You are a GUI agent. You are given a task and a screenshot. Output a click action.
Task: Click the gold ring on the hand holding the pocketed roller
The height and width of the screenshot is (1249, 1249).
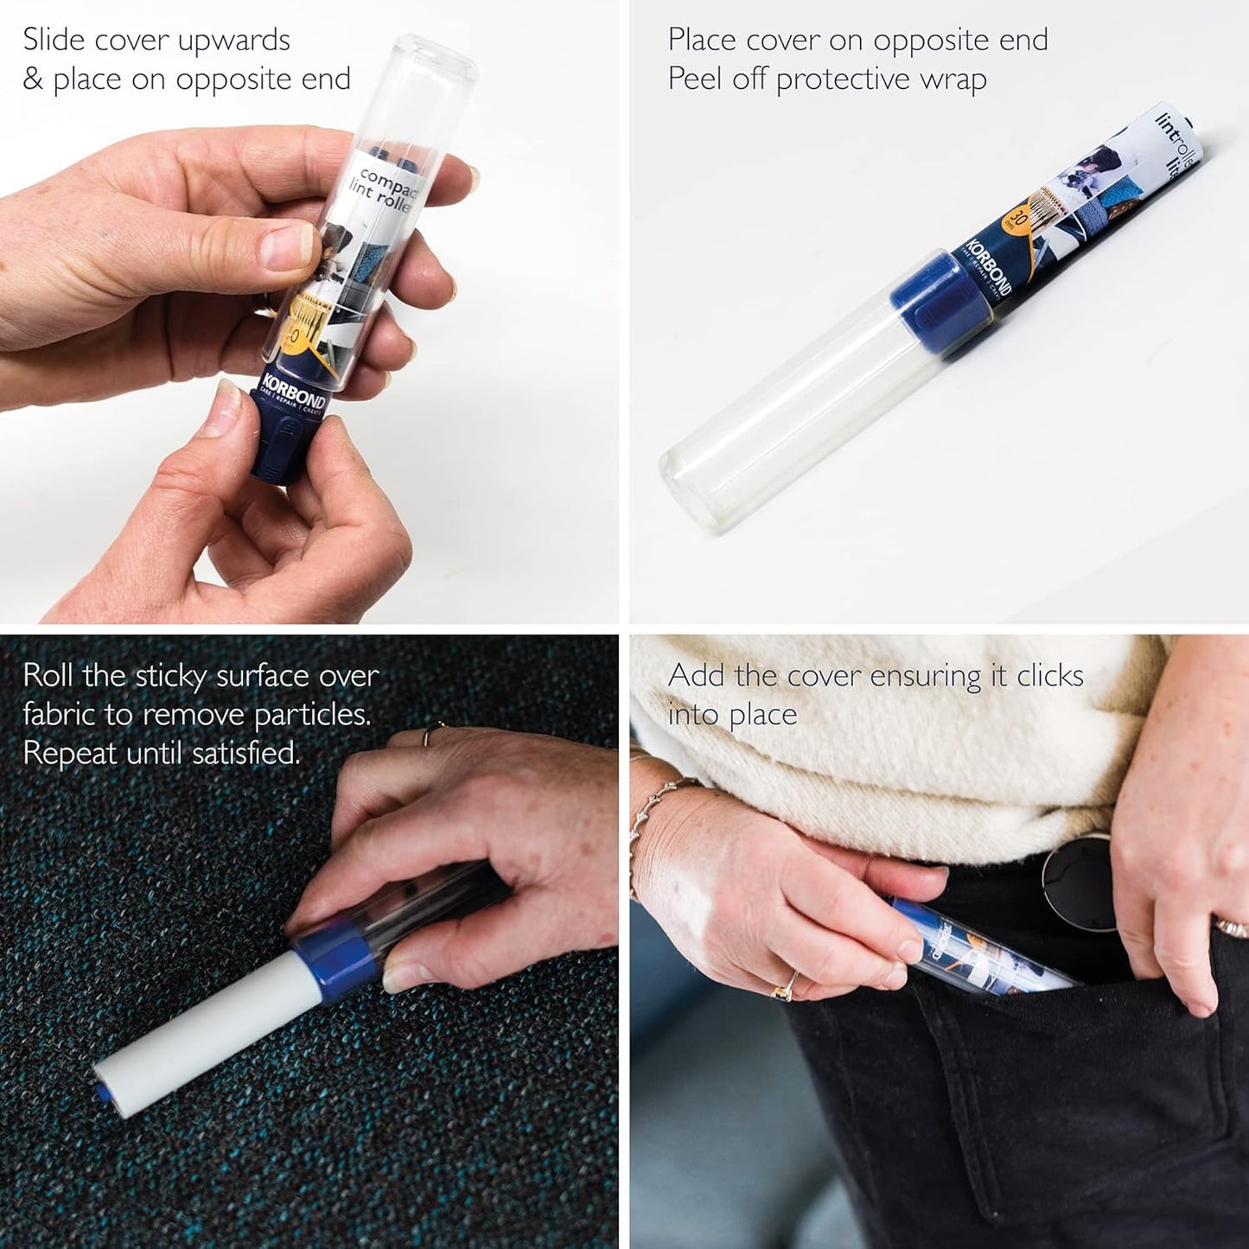click(x=787, y=985)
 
